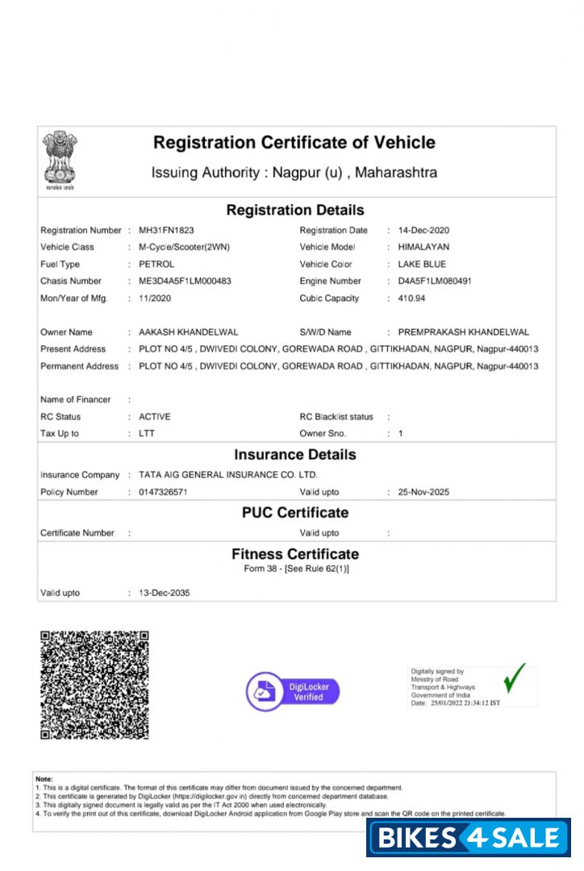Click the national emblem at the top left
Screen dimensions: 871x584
(59, 160)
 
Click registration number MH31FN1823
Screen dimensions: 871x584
(166, 231)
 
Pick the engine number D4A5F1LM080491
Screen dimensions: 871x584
(440, 281)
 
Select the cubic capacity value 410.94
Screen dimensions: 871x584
(411, 298)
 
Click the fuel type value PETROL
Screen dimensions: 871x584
(156, 265)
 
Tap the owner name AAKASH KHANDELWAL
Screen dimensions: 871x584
(188, 332)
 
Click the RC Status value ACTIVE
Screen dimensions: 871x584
(155, 417)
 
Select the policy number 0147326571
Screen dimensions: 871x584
(163, 492)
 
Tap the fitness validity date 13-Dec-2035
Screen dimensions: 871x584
(165, 593)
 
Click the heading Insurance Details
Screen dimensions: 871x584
(295, 455)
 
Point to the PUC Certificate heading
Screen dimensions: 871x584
(295, 513)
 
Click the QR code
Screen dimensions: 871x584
(94, 685)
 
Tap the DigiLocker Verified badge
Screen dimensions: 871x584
(293, 691)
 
